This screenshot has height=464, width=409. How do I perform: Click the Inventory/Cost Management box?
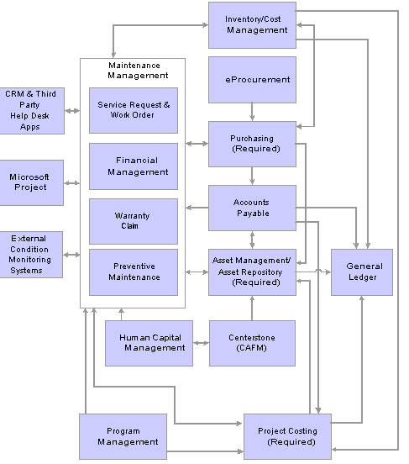tap(252, 25)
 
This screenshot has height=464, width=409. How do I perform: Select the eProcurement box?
tap(252, 80)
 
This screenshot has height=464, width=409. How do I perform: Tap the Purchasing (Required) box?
tap(252, 144)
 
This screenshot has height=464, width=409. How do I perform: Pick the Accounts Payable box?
tap(252, 208)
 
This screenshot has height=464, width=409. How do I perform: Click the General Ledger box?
tap(362, 272)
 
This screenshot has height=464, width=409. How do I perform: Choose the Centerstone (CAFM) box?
tap(252, 343)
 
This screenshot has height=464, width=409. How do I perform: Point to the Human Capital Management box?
tap(149, 343)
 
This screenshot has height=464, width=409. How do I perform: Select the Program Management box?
tap(123, 436)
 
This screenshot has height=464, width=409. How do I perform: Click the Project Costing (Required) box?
tap(287, 436)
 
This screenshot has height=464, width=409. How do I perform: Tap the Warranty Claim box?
tap(134, 221)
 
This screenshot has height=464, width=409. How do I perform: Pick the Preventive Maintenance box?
tap(134, 272)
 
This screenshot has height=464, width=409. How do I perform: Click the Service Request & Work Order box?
tap(134, 110)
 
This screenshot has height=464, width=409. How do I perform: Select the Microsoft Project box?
tap(31, 182)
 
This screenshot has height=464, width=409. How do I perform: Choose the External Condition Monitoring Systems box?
tap(31, 255)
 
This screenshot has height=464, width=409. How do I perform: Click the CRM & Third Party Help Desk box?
tap(32, 111)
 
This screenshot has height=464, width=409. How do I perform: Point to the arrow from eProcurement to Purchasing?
tap(252, 112)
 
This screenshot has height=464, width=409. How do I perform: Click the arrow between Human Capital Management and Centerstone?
tap(201, 343)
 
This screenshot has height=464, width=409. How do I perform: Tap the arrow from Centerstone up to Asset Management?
tap(252, 308)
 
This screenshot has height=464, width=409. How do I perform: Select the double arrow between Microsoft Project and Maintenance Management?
tap(72, 183)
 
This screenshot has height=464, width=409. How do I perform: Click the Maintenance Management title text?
tap(138, 71)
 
